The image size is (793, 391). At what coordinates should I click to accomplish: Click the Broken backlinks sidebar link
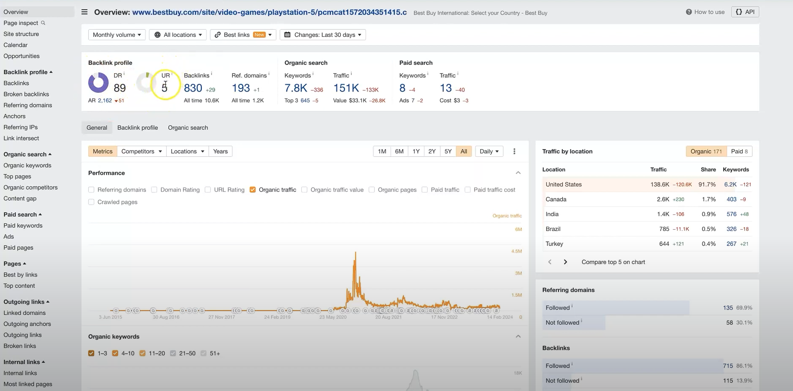click(26, 94)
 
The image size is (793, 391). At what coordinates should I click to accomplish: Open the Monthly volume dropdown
click(117, 35)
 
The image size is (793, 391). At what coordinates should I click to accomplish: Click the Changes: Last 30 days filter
click(323, 35)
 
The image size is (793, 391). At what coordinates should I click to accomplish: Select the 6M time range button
click(399, 151)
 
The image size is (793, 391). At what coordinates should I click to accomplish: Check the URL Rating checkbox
click(208, 190)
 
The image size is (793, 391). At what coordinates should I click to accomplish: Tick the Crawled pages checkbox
click(91, 202)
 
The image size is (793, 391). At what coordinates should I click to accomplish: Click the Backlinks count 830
click(193, 88)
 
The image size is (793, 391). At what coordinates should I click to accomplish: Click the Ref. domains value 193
click(241, 88)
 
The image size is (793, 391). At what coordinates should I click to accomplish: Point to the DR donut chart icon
click(98, 83)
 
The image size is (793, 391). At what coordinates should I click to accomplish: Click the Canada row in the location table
click(556, 199)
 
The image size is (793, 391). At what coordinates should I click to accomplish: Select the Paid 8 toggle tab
click(739, 151)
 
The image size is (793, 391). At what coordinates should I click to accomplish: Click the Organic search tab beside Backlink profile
click(188, 128)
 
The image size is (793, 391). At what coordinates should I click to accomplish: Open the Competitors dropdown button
click(141, 151)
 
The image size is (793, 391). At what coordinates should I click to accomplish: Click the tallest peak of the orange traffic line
click(355, 253)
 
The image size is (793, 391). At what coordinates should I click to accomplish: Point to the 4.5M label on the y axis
click(516, 251)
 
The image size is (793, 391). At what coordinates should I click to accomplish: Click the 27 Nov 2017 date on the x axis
click(221, 317)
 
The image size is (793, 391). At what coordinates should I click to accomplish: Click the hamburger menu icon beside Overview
click(84, 12)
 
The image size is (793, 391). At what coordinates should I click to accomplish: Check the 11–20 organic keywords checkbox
click(142, 353)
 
